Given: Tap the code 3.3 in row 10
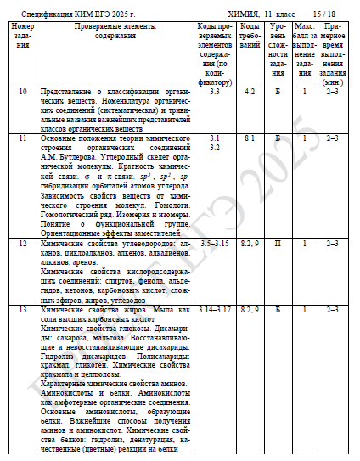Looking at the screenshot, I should (214, 91).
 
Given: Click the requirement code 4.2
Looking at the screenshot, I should (250, 91).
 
